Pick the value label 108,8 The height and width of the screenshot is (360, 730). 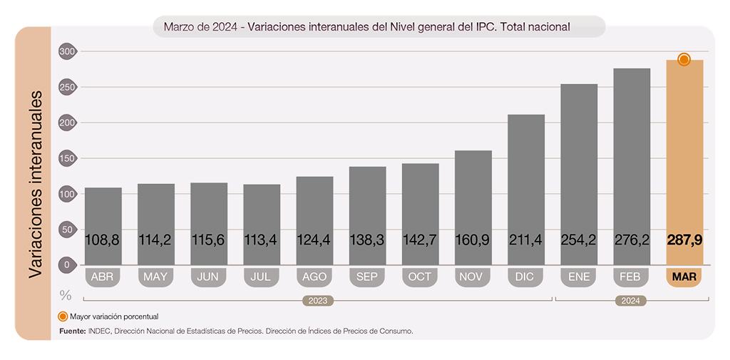point(103,240)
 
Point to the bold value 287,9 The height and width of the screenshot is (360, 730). point(684,240)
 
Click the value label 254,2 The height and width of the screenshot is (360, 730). point(579,240)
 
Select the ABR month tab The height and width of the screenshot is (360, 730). point(103,277)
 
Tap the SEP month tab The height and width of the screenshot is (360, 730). point(367,277)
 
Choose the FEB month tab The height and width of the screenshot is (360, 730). point(632,277)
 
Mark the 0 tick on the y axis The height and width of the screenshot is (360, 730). point(68,265)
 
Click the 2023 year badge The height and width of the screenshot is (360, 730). point(318,301)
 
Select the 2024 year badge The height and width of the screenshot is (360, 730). point(630,301)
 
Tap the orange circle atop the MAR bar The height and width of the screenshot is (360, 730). point(684,59)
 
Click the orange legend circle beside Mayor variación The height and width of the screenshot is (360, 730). point(63,316)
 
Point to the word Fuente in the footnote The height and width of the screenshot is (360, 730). point(72,331)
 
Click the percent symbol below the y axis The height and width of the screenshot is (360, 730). point(66,294)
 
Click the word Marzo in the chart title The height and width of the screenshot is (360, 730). point(180,27)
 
